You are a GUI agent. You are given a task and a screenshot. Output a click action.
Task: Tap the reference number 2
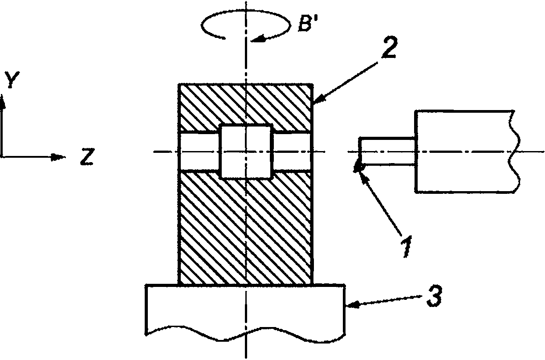[389, 47]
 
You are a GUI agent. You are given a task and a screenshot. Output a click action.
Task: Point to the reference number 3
[435, 296]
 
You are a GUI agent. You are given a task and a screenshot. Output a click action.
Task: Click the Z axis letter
[87, 157]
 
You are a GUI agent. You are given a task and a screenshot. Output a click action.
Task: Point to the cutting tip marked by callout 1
[358, 168]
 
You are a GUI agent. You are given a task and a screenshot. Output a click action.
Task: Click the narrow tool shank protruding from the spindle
[387, 151]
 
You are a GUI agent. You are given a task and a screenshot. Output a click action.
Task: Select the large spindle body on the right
[467, 151]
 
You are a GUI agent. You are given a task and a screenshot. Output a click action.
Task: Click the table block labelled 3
[245, 313]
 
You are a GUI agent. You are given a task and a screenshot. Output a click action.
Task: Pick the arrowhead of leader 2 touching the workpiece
[319, 99]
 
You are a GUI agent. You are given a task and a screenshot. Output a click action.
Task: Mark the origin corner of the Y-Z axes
[2, 157]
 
